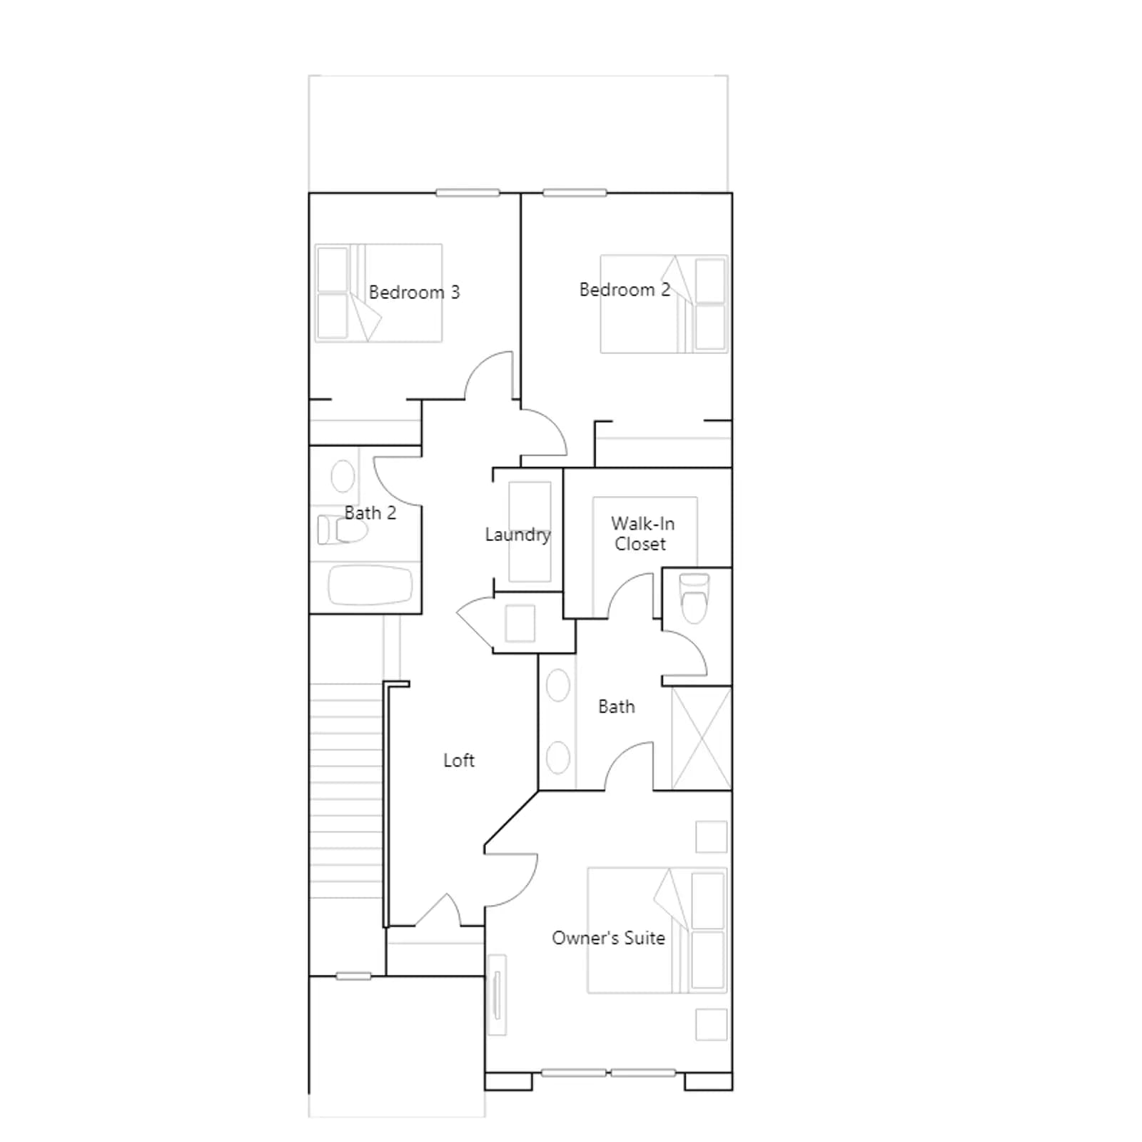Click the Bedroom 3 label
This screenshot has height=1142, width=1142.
(414, 293)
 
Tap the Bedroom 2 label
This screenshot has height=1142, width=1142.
(625, 290)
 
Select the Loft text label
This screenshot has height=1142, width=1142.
(459, 760)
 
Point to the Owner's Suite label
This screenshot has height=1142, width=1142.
(608, 938)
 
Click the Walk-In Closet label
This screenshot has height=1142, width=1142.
(642, 533)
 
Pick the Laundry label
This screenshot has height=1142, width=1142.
(517, 535)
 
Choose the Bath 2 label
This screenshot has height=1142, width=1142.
(370, 512)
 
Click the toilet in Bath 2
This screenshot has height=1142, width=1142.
(343, 530)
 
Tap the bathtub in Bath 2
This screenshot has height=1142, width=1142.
(370, 586)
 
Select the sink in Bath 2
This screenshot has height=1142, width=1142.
(343, 476)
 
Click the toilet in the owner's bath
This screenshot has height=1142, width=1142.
(694, 598)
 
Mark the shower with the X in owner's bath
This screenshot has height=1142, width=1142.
(702, 738)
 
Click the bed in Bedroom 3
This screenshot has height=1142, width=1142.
(378, 293)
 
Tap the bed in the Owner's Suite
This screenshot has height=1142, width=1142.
(657, 930)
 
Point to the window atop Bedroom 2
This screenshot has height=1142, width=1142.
(575, 193)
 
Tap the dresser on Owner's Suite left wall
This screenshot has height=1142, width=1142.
(497, 995)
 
